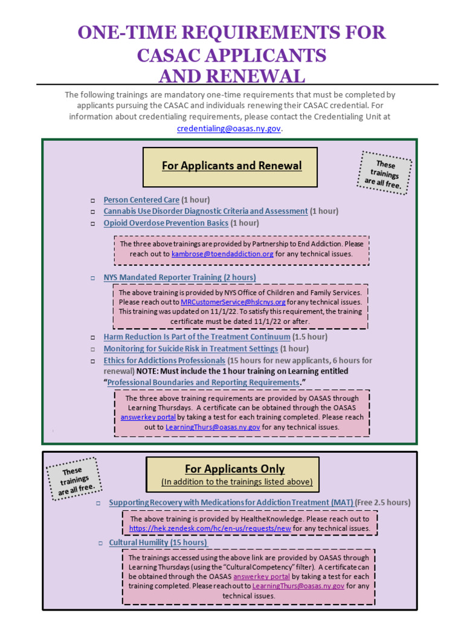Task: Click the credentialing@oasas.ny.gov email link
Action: (228, 129)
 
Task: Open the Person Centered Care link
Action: (141, 199)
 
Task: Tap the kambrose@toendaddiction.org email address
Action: (222, 254)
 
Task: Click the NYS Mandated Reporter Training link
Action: (179, 277)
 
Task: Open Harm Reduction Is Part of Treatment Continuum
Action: (197, 337)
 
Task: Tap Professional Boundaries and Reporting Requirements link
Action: (203, 383)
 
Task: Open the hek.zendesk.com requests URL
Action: (210, 528)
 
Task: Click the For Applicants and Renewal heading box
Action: (231, 166)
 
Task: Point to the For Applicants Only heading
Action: (234, 469)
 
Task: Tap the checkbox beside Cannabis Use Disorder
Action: (93, 212)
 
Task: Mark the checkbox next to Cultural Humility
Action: (101, 543)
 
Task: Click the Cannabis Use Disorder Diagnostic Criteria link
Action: (205, 211)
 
